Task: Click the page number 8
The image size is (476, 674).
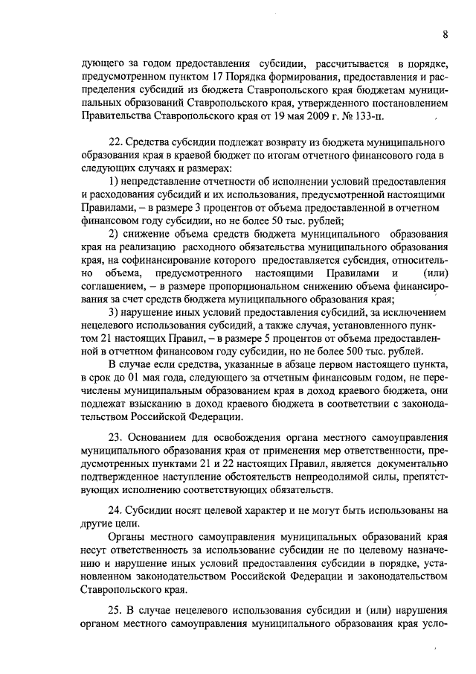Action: coord(444,34)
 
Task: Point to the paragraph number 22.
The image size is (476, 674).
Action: coord(115,142)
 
